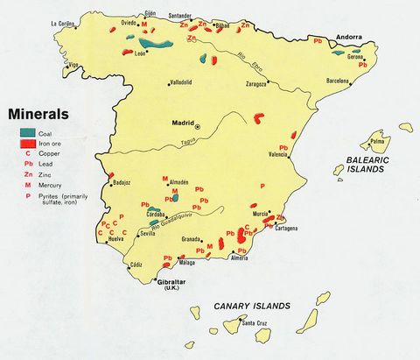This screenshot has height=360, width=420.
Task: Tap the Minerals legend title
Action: (38, 114)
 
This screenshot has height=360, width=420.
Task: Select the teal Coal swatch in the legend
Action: (28, 132)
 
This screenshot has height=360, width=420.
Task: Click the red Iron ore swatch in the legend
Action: (28, 143)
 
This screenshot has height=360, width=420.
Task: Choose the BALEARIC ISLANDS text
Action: (360, 163)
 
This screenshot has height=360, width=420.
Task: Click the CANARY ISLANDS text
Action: (251, 307)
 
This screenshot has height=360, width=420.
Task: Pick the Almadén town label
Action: (178, 183)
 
